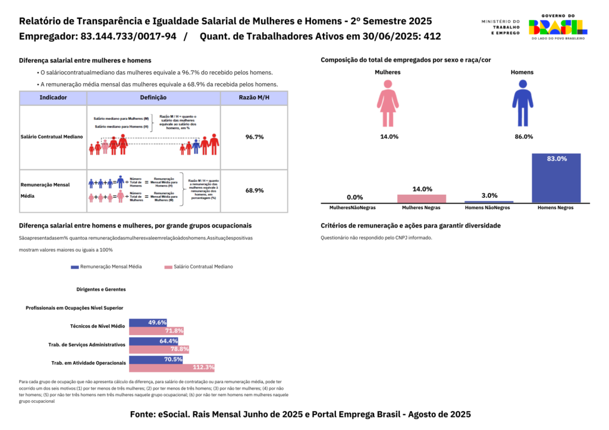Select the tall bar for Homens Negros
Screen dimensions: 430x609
tap(555, 178)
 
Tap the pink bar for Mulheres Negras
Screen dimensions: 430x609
tap(422, 198)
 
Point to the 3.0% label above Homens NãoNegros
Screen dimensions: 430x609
tap(489, 195)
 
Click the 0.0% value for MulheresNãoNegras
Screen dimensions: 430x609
tap(355, 197)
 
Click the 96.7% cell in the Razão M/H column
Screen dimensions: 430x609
tap(255, 137)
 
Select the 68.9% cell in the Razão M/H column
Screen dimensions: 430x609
tap(255, 191)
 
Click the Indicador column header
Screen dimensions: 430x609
tap(54, 97)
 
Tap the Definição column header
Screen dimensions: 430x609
tap(153, 97)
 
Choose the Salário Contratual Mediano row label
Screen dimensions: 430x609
tap(51, 137)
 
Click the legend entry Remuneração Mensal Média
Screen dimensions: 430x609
tap(106, 267)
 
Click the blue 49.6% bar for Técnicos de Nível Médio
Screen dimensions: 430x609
tap(148, 322)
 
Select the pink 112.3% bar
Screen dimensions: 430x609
tap(171, 368)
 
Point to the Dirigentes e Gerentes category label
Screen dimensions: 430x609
tap(101, 289)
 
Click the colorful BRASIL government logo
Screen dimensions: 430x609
tap(557, 27)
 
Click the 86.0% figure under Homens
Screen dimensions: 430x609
tap(523, 137)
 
